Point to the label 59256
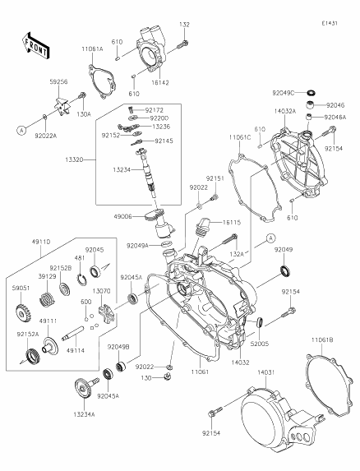(60, 82)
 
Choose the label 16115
(232, 223)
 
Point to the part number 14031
(265, 372)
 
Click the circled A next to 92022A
(18, 130)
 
